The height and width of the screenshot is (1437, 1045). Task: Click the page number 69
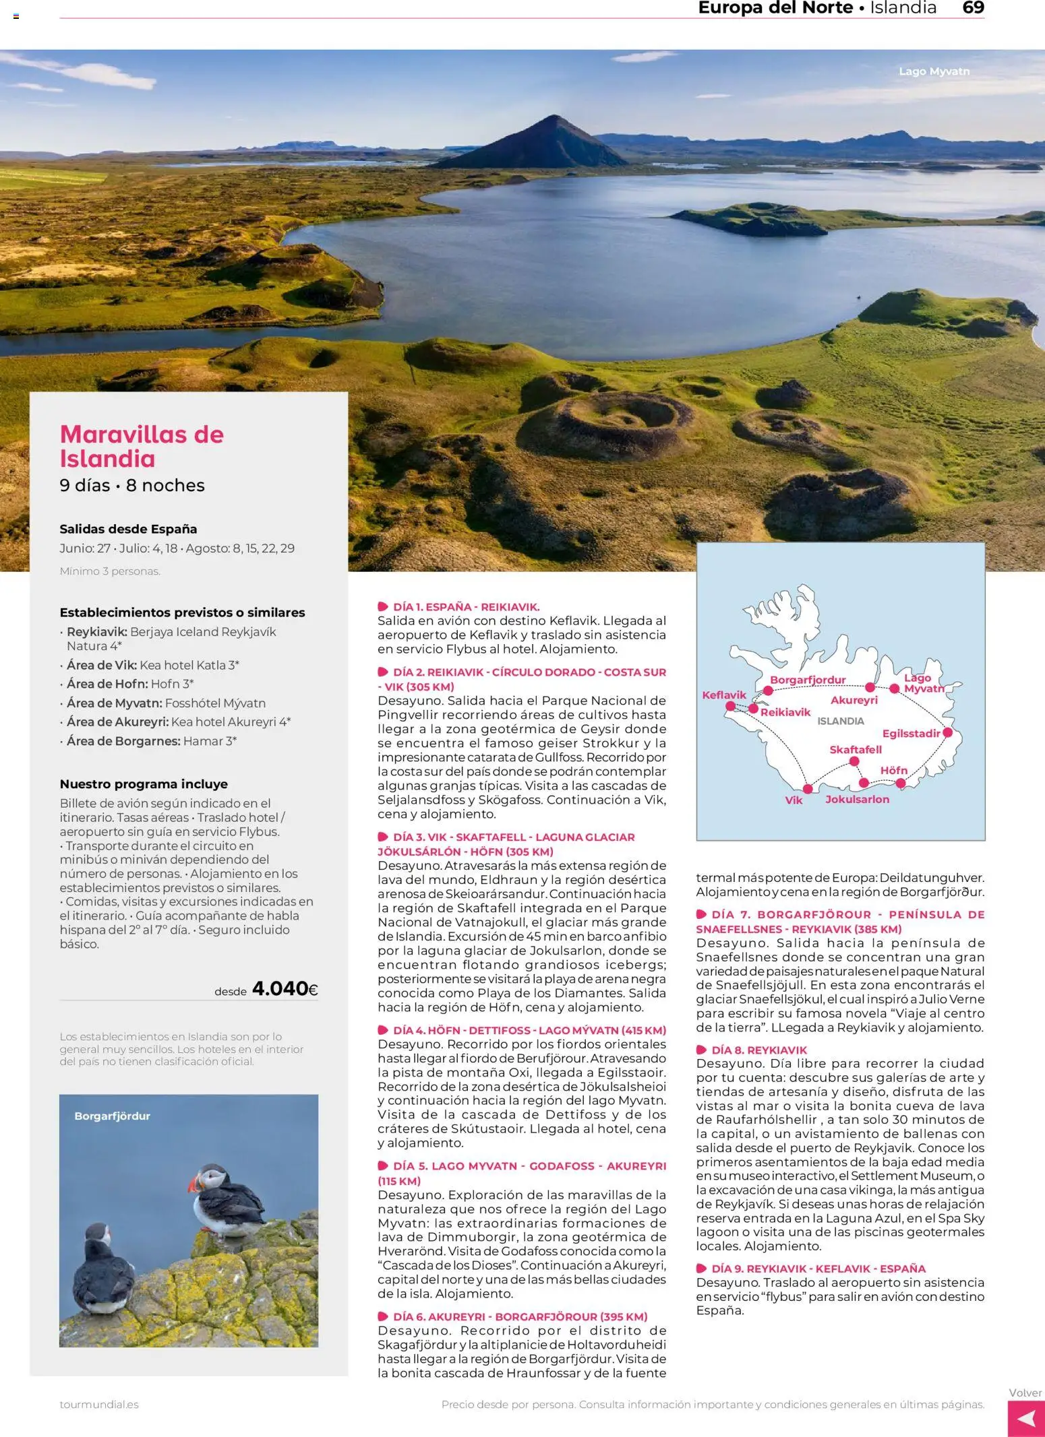(973, 8)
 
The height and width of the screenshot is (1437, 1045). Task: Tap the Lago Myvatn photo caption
(934, 71)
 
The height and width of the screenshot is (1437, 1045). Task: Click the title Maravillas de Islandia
(142, 446)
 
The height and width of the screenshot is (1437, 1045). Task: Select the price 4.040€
(285, 988)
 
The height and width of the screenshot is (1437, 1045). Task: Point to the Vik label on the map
(794, 800)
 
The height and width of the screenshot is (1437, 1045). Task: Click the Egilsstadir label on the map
(911, 734)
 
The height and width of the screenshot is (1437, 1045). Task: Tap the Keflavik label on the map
(724, 695)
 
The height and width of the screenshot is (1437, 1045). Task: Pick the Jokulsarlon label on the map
(857, 800)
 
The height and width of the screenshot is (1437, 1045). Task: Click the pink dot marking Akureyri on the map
(870, 687)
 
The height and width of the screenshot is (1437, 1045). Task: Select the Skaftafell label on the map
(855, 749)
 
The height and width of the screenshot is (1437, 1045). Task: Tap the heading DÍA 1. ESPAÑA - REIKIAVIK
(466, 606)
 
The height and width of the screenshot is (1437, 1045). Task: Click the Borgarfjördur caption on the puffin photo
(112, 1116)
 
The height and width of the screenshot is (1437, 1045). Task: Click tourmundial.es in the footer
(99, 1405)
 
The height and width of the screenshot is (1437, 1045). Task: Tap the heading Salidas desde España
(128, 529)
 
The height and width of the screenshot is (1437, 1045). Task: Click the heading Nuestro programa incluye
(144, 784)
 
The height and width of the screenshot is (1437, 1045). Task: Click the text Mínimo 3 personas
(110, 571)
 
